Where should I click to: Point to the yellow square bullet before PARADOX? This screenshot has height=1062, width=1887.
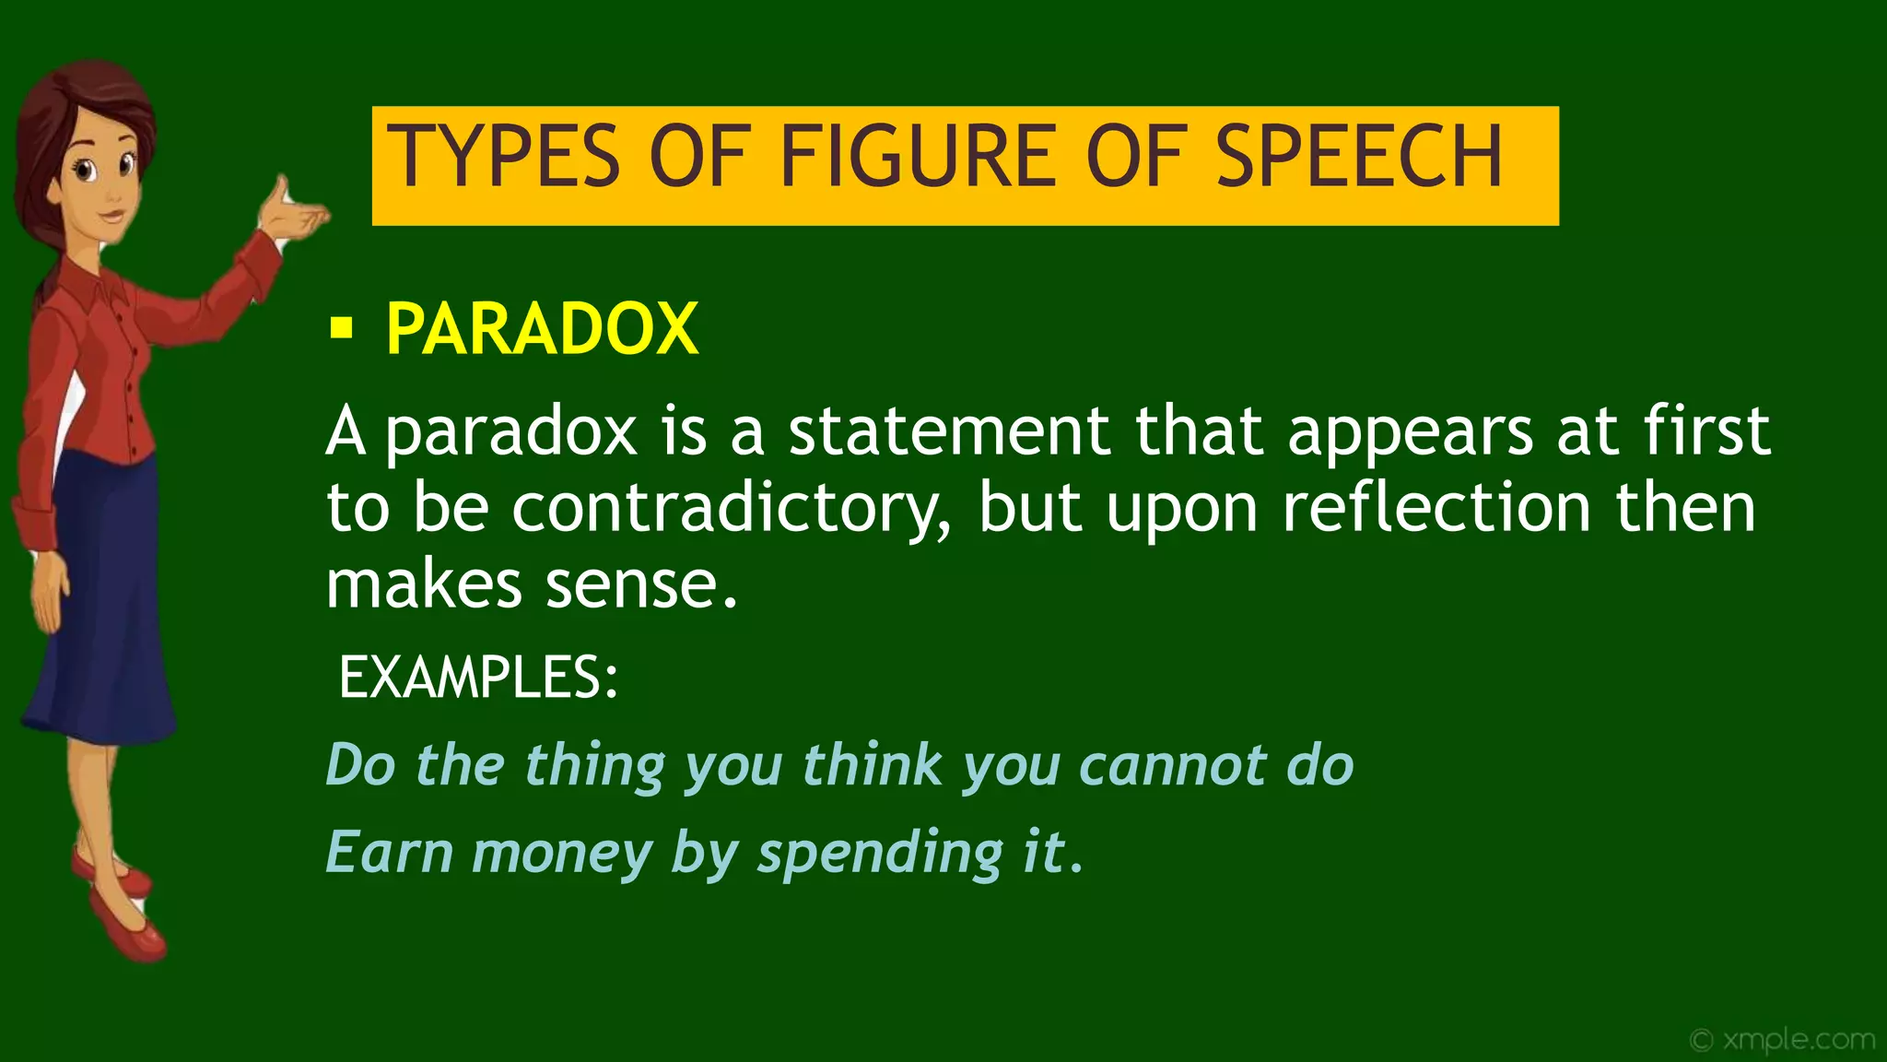[x=341, y=327]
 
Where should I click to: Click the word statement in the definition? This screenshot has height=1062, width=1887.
[x=948, y=431]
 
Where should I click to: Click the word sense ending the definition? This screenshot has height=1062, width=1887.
[x=641, y=586]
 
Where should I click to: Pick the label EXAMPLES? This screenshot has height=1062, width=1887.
[x=477, y=678]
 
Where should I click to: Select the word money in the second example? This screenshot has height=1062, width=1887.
[x=562, y=853]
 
